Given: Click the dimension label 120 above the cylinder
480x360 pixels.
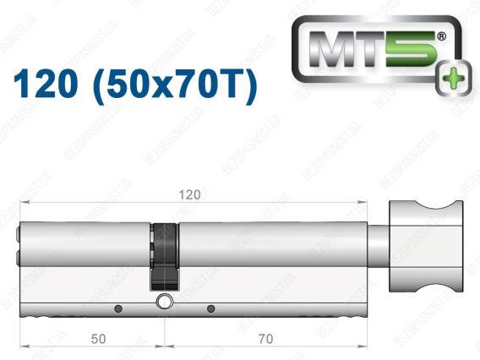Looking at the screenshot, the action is tap(189, 194).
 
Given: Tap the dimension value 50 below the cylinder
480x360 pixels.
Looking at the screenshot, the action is tap(98, 339).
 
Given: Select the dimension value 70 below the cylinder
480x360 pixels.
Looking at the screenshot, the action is tap(265, 339).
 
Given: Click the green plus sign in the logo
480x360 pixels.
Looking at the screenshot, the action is tap(453, 78).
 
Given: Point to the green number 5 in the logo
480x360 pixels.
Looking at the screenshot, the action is tap(411, 49).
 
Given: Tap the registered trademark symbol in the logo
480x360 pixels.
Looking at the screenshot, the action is tap(441, 36).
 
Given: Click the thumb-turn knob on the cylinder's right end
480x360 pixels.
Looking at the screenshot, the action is tap(426, 246).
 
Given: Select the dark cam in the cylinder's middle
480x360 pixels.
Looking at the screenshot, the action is tap(165, 257).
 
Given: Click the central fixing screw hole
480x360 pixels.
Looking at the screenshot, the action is tap(165, 301).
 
